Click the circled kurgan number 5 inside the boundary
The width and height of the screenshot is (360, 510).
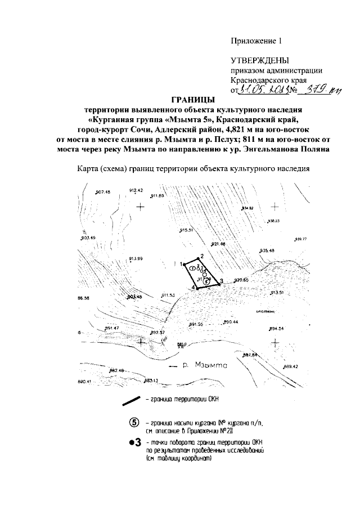(207, 282)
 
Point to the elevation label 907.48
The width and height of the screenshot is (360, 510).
(104, 193)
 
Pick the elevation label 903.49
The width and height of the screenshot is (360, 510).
(89, 238)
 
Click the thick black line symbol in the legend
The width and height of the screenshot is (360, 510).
(133, 401)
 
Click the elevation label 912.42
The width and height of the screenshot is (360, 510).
(137, 190)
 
